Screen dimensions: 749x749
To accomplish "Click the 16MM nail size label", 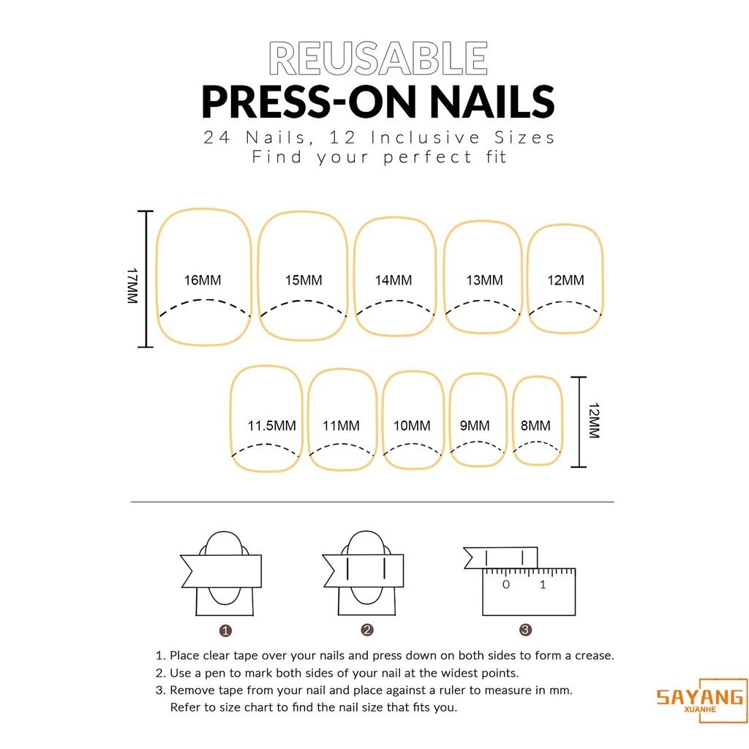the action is point(203,280).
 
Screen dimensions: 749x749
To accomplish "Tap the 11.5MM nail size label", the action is point(272,425).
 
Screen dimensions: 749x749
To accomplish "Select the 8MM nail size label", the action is point(535,425).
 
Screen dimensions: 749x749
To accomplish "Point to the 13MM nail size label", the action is point(484,280).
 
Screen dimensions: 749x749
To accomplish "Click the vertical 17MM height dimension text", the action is point(132,286).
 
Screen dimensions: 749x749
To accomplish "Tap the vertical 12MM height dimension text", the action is point(594,421).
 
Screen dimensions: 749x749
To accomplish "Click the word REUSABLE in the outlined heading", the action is point(378,59).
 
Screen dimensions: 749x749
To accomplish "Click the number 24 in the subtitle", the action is point(217,138).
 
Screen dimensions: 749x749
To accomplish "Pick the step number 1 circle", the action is point(225,631).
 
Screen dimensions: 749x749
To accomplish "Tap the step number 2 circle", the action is point(367,630).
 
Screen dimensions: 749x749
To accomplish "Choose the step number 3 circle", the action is point(525,630).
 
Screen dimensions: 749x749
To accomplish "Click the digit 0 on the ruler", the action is point(506,584).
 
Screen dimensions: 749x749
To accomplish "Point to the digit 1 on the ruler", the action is point(543,584).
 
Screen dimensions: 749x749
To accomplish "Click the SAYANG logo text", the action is point(700,697).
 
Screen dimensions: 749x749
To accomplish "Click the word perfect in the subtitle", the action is point(428,157).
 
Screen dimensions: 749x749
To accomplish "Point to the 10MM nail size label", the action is point(412,425).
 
